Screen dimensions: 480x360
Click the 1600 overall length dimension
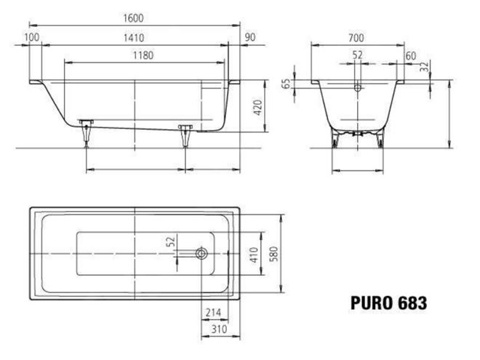tap(133, 18)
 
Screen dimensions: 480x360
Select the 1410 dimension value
tap(134, 38)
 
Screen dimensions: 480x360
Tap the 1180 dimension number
tap(143, 55)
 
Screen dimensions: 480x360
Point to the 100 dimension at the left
tap(32, 37)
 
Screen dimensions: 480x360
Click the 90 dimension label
tap(250, 37)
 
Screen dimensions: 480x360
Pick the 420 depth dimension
tap(258, 108)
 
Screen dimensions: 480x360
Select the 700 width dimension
tap(356, 38)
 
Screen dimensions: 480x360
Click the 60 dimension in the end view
tap(410, 56)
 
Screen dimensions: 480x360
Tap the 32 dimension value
tap(424, 67)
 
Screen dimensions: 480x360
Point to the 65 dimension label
tap(285, 84)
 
